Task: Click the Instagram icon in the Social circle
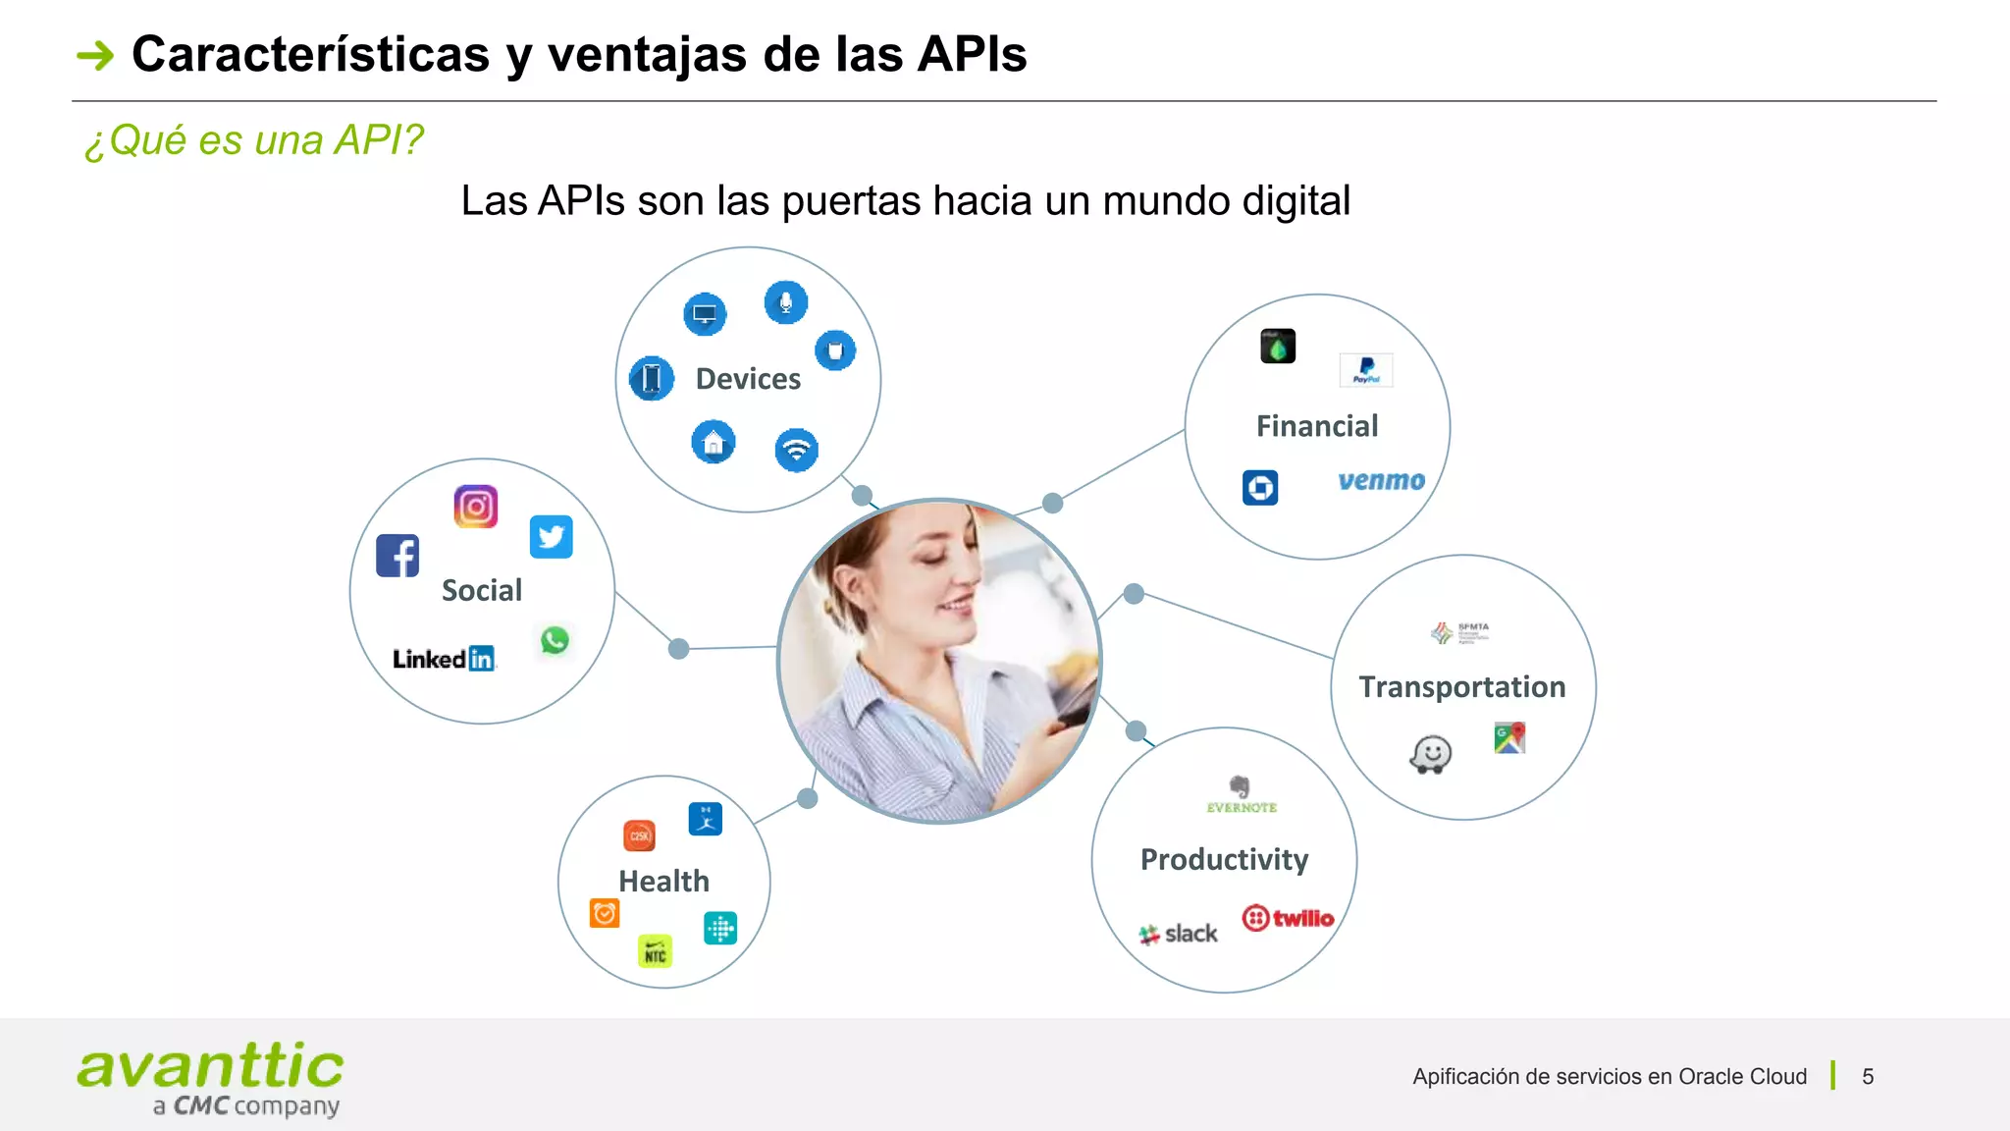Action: [476, 507]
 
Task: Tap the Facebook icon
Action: [397, 556]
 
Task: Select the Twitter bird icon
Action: [551, 537]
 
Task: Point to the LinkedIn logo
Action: [444, 659]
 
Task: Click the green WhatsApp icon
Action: [555, 640]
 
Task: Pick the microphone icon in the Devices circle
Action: [785, 302]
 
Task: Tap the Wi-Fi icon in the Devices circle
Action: [796, 451]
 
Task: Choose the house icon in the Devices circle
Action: [714, 442]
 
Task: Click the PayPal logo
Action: [1366, 370]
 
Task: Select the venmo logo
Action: [1381, 480]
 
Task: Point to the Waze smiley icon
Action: [1431, 755]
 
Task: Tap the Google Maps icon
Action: [1509, 737]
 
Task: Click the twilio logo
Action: [1288, 918]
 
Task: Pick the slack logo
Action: [1178, 934]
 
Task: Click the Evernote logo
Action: [1241, 794]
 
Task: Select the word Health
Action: [663, 881]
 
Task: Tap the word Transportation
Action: [1461, 686]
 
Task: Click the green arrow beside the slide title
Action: [95, 55]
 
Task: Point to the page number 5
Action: [1868, 1076]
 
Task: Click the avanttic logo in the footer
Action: [210, 1078]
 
